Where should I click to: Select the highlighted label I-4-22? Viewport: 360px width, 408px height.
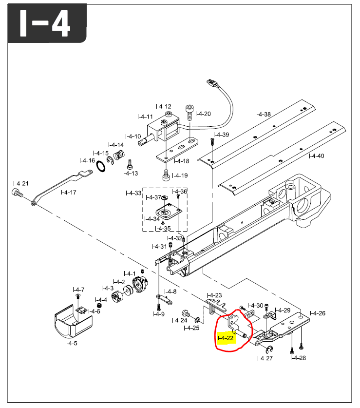pos(226,338)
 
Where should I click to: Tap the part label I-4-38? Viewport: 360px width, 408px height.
pos(263,115)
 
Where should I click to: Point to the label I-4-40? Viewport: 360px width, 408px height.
pos(316,156)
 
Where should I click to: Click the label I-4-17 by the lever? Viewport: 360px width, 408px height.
pos(69,192)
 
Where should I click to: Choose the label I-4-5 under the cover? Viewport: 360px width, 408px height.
pos(71,343)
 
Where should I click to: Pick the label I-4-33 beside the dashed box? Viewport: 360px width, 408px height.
pos(133,193)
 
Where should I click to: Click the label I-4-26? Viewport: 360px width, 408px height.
pos(318,313)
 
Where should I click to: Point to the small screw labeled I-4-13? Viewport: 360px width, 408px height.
pos(130,164)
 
